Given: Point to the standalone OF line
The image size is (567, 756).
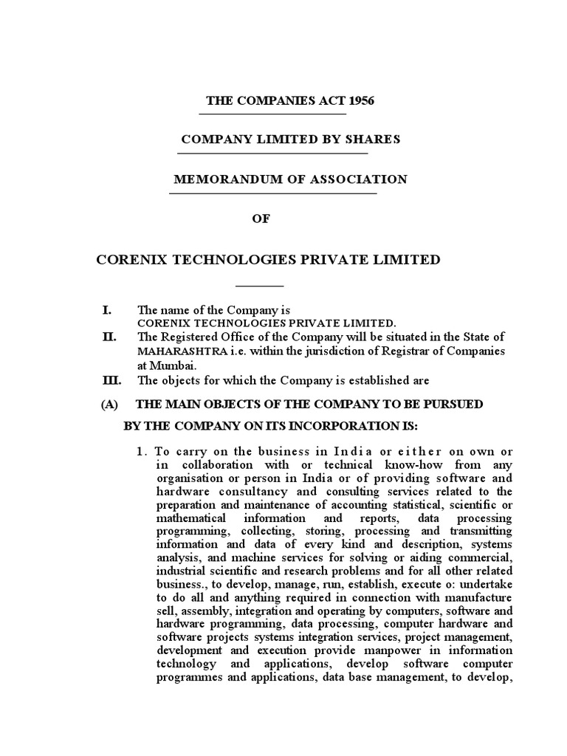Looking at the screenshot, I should pyautogui.click(x=262, y=219).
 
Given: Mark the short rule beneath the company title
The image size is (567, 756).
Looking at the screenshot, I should pyautogui.click(x=259, y=285).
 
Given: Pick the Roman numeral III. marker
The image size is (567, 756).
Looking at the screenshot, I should pyautogui.click(x=111, y=380).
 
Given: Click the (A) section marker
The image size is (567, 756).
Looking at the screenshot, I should pyautogui.click(x=109, y=404).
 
